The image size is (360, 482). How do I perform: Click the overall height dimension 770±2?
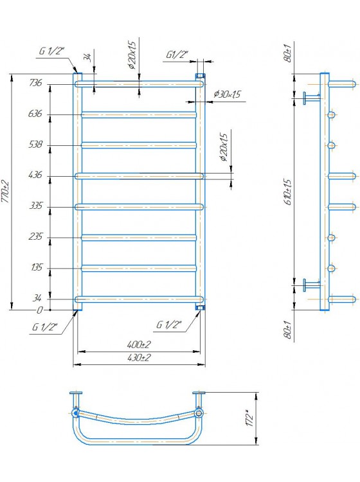[5, 192]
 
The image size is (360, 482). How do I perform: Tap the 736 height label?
[35, 83]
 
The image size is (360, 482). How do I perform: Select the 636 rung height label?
[35, 114]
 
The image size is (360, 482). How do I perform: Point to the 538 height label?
[35, 144]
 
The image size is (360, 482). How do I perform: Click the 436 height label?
[35, 175]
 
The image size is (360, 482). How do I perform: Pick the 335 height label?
[35, 206]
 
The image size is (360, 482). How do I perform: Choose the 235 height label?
[35, 237]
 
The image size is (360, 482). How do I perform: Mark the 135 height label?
[36, 267]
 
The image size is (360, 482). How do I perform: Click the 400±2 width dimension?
[139, 344]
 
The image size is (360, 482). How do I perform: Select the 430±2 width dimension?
[139, 358]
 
